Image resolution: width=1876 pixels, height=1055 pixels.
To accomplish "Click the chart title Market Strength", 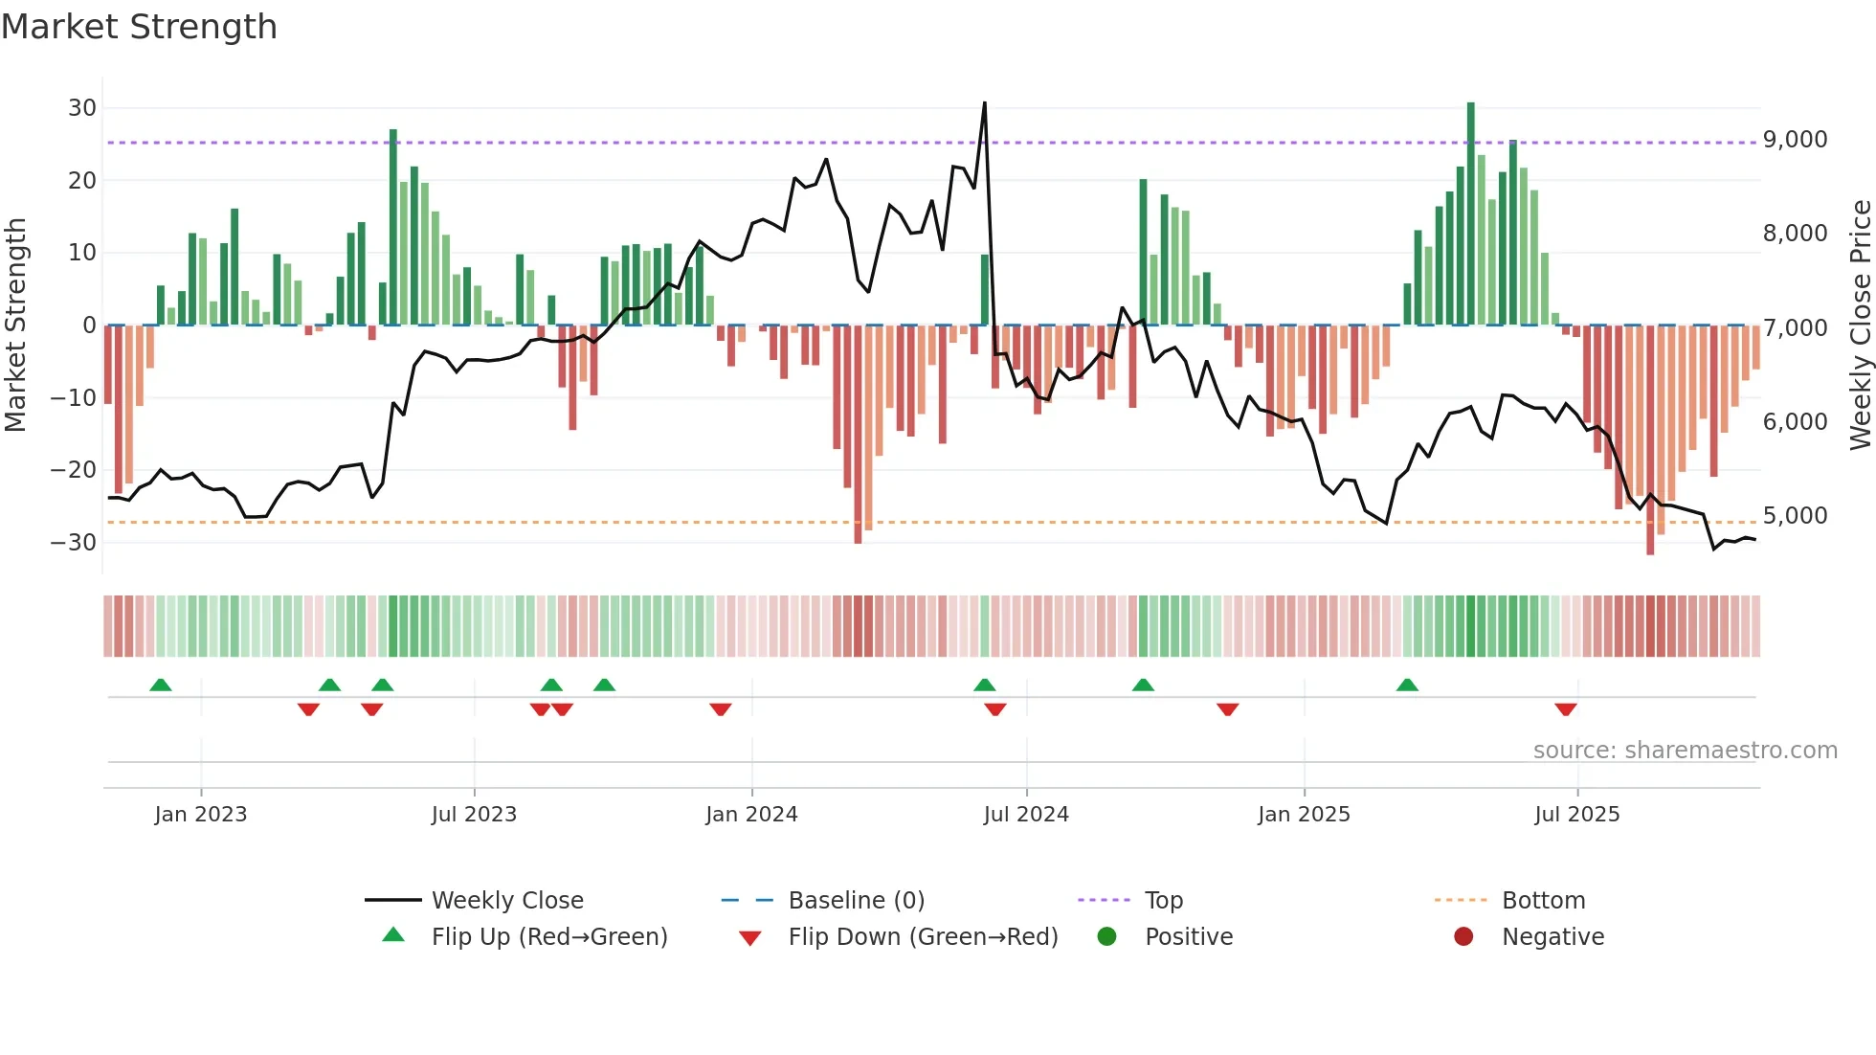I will [x=140, y=27].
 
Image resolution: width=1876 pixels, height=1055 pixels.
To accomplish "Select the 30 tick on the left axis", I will [x=82, y=108].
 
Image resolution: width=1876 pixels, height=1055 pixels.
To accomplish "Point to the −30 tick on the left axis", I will [x=74, y=543].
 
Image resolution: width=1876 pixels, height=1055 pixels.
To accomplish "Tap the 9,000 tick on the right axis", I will [x=1795, y=140].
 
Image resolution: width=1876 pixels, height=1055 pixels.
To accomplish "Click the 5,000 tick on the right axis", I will [x=1795, y=516].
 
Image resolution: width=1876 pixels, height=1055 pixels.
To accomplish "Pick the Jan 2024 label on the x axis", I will [x=751, y=815].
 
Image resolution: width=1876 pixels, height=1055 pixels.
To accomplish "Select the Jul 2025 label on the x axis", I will [x=1576, y=815].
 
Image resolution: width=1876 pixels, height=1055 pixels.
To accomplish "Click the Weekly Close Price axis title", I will [x=1860, y=325].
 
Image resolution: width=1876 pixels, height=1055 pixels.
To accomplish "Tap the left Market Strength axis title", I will [x=15, y=325].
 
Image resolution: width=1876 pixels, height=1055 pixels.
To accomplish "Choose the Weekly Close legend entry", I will [x=507, y=901].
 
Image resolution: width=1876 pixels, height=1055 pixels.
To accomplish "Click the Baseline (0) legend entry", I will [x=856, y=901].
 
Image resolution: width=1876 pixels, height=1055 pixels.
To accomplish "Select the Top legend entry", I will [x=1164, y=901].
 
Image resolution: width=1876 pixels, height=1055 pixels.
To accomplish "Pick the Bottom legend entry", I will [x=1543, y=901].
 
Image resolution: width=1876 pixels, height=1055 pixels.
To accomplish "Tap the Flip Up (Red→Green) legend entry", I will [x=548, y=937].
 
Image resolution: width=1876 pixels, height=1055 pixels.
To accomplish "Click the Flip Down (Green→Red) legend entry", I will [x=923, y=937].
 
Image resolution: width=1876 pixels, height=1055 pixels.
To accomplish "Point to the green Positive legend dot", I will [x=1107, y=937].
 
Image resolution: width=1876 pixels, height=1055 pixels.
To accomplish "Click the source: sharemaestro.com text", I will [x=1685, y=751].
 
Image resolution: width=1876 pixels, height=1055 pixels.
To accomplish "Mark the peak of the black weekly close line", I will [x=984, y=103].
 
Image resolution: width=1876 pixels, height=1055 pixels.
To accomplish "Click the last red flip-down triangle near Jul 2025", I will [x=1566, y=709].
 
